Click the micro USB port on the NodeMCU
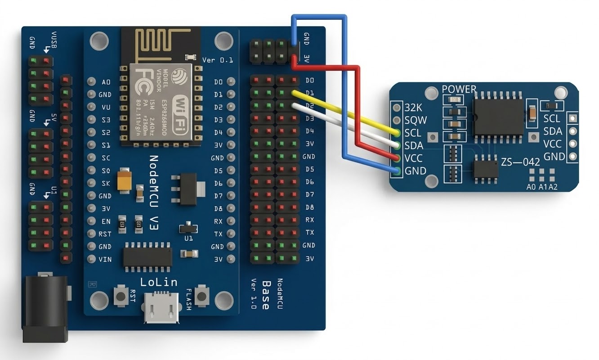coord(161,308)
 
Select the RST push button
coord(121,296)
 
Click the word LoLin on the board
coord(159,283)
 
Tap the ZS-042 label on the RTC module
coord(520,162)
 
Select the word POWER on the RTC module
coord(459,89)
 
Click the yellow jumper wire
coord(346,113)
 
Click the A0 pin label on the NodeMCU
coord(106,82)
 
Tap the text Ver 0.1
coord(218,60)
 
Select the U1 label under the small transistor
coord(188,238)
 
